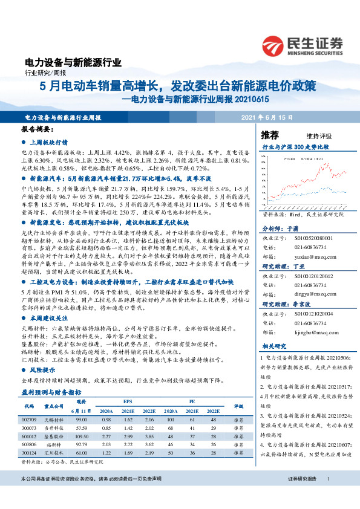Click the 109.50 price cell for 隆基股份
click(x=82, y=436)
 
